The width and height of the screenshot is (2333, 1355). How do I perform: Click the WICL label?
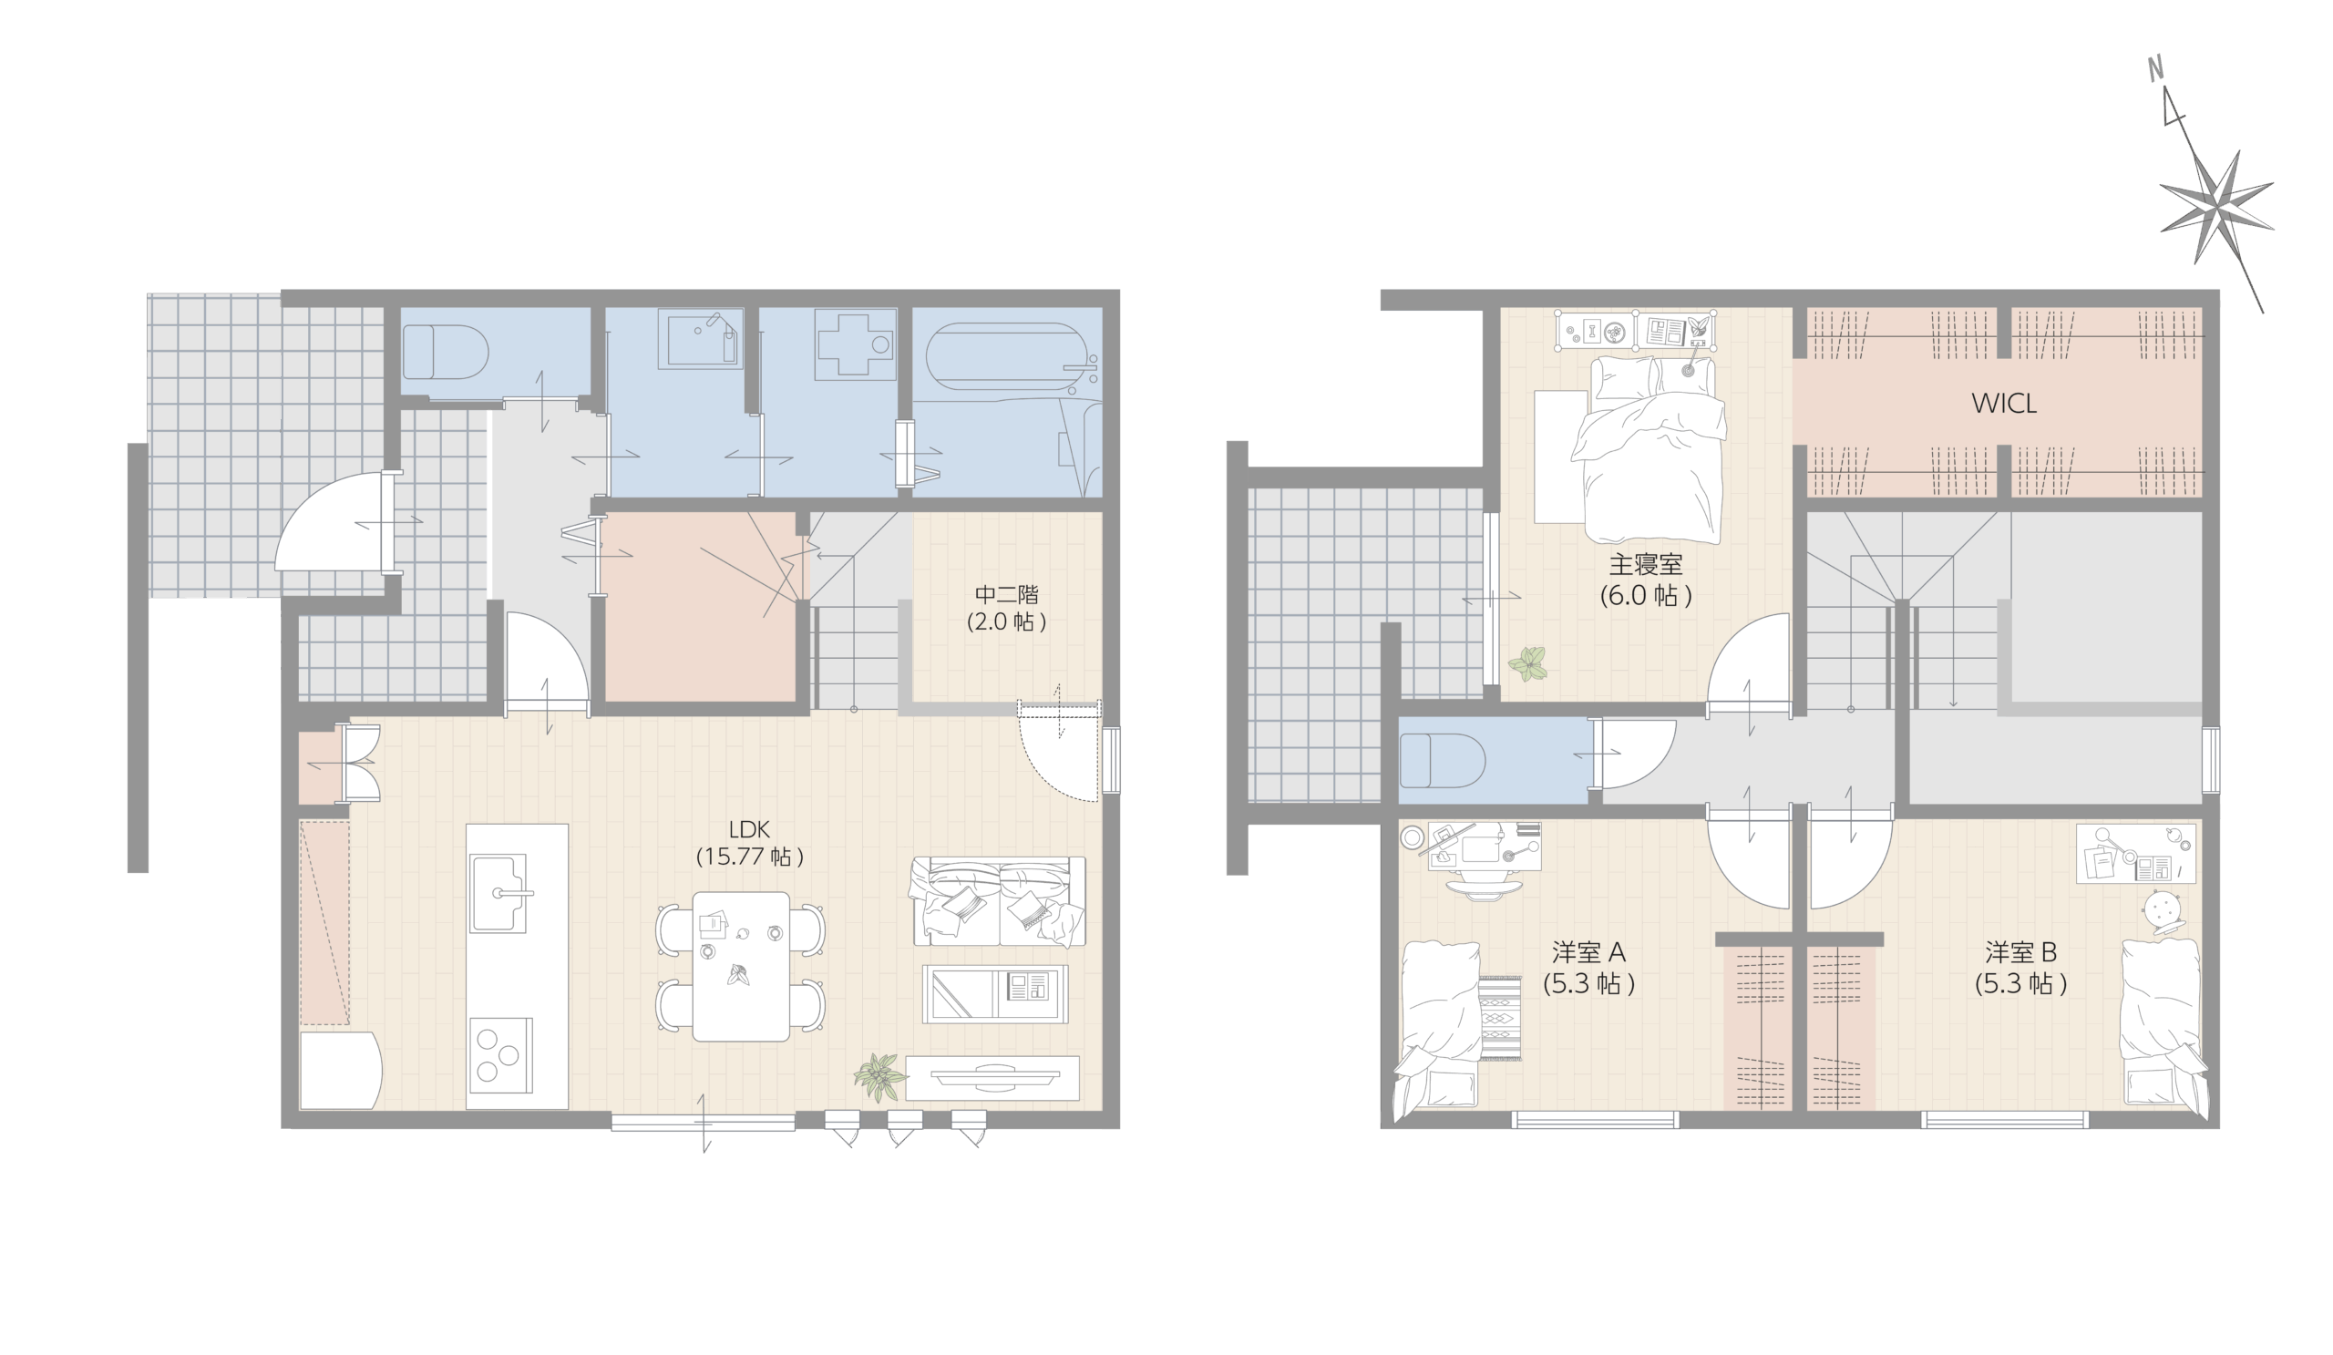(2003, 404)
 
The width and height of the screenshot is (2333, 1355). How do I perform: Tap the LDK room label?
(749, 830)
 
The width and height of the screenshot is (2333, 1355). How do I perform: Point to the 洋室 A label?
(1588, 951)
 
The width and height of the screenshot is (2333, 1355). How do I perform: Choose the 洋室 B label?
(2021, 951)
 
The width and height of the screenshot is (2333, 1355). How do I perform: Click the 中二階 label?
(1006, 594)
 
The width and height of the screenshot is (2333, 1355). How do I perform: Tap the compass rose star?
(2219, 209)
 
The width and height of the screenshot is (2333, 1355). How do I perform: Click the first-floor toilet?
(446, 352)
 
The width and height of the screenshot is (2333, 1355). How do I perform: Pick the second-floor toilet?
(1443, 761)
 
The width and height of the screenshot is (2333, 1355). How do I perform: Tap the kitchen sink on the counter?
(499, 893)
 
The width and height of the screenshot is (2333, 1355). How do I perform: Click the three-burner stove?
(501, 1055)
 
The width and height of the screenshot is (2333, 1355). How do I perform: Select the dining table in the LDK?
(741, 966)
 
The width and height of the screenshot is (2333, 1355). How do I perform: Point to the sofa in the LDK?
(998, 901)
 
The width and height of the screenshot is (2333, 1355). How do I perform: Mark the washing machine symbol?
(855, 344)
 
